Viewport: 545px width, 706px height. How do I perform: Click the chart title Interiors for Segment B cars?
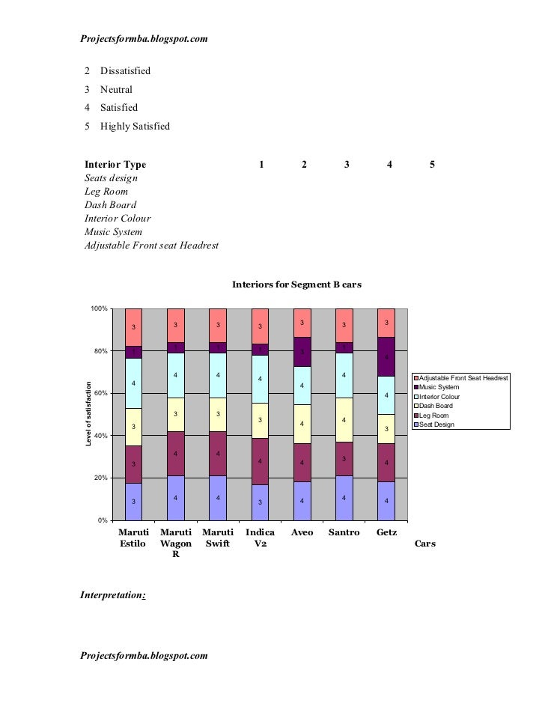point(297,284)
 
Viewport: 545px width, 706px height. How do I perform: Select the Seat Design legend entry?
point(438,424)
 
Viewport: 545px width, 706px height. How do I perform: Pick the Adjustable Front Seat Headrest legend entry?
point(464,378)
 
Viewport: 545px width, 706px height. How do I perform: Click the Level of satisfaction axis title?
point(88,414)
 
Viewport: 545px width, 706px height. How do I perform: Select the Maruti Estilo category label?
point(134,538)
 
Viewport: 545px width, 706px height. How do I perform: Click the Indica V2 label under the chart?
point(260,538)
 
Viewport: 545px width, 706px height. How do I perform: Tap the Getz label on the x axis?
point(386,532)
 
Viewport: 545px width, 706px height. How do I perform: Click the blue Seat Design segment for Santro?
point(344,497)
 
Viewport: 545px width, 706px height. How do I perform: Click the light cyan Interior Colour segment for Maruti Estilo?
point(134,383)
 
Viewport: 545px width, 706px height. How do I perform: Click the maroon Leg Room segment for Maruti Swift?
point(218,454)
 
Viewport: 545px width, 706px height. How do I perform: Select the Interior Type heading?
point(115,165)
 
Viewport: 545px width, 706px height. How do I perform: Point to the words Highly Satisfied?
point(136,126)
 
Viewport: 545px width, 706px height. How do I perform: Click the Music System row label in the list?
point(113,232)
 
